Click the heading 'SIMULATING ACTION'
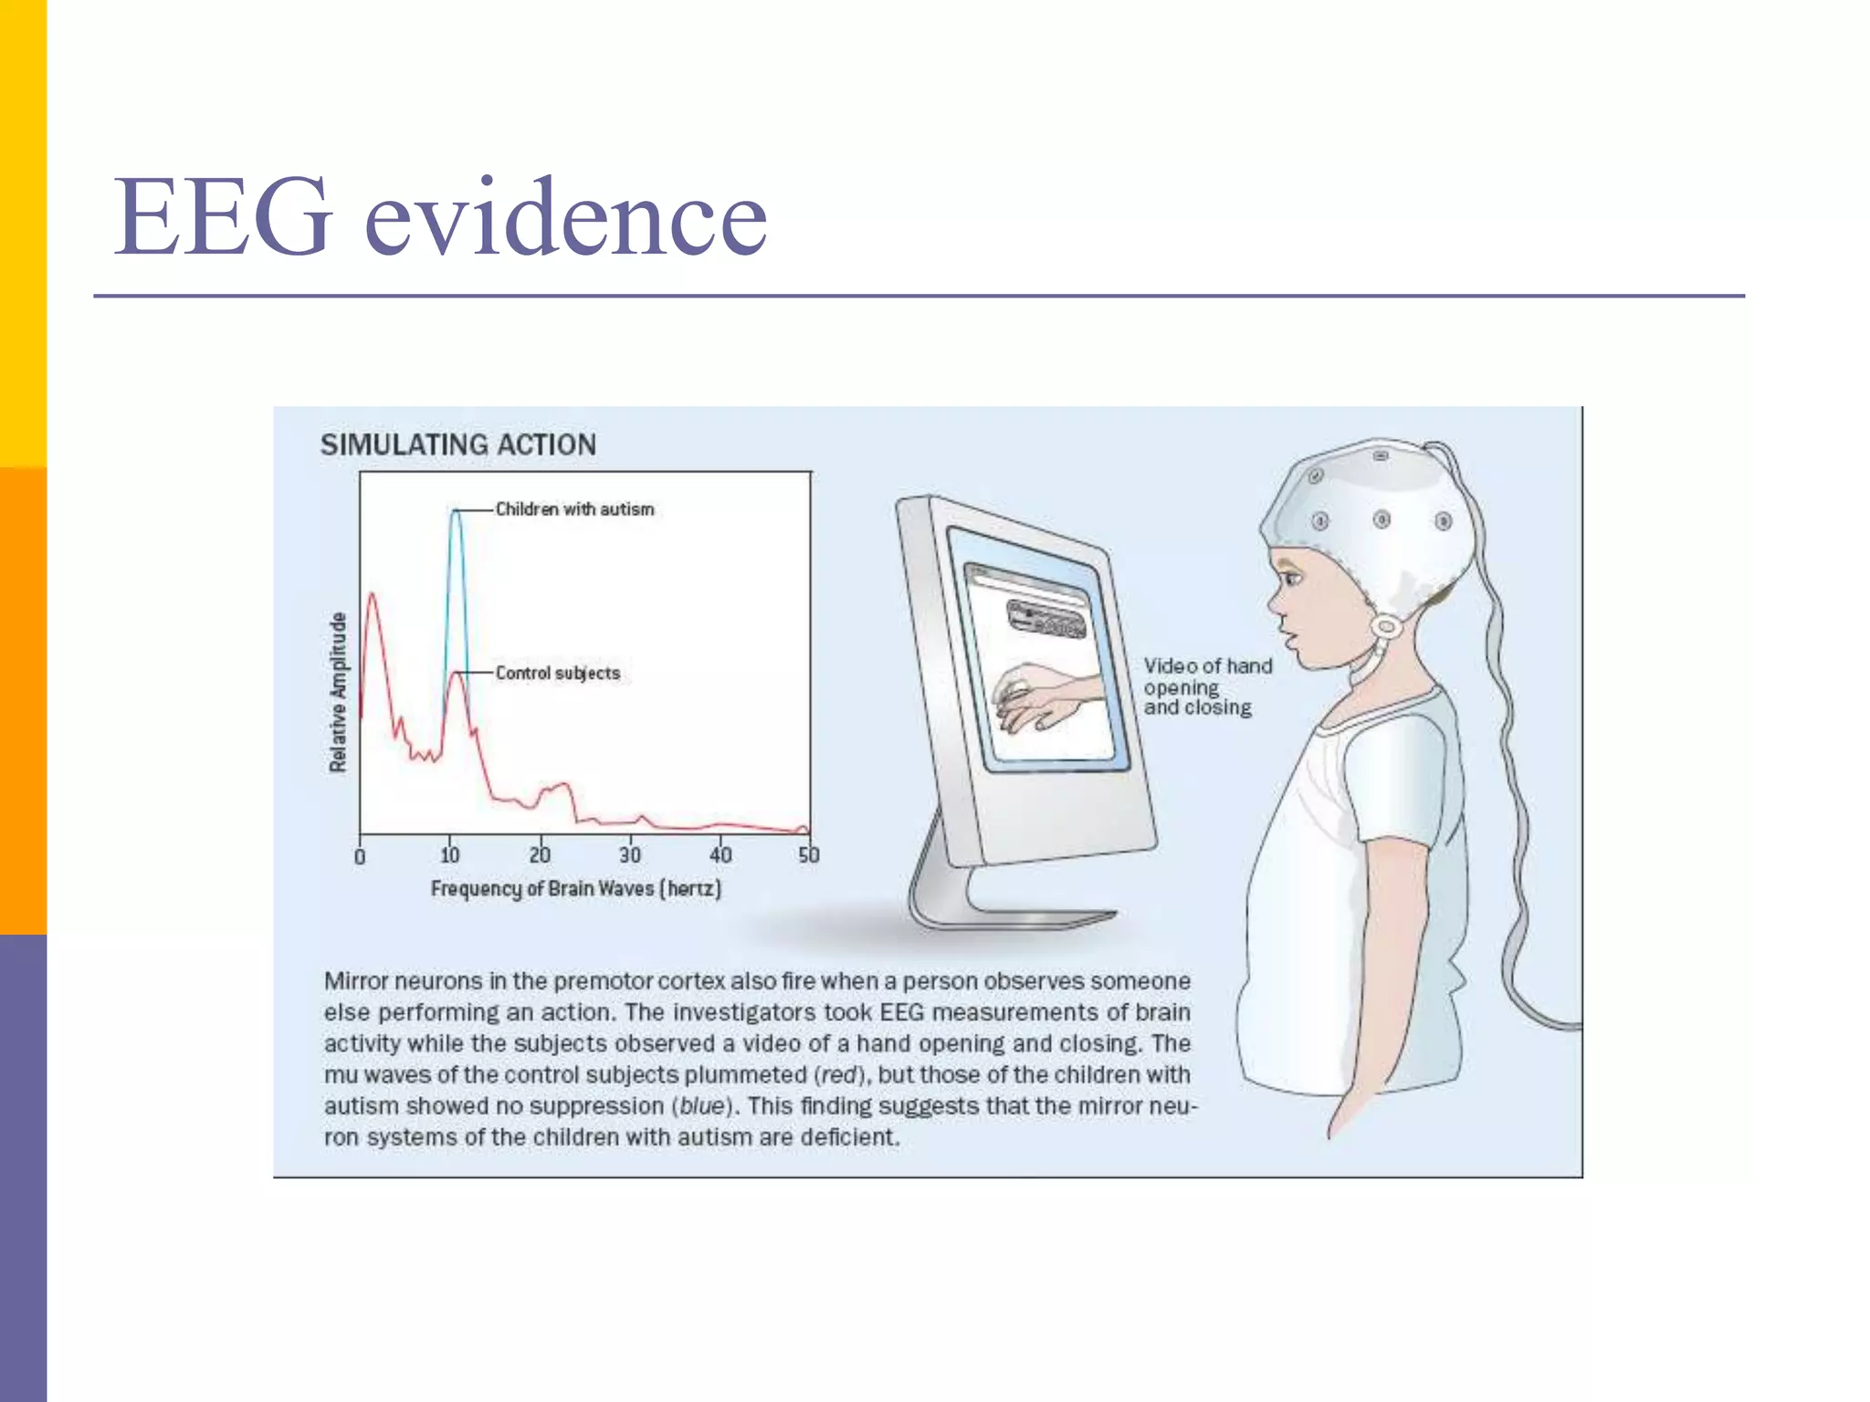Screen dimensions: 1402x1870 457,445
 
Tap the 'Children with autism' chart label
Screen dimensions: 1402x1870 574,509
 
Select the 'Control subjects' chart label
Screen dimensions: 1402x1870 557,674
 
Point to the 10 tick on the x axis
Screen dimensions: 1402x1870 449,855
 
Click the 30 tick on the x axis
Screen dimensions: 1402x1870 630,855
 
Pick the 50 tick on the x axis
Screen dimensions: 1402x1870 809,855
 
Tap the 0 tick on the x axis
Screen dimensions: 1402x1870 360,856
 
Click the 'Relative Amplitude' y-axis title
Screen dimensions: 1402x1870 338,692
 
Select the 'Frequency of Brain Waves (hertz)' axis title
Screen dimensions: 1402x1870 575,888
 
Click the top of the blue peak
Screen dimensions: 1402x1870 456,511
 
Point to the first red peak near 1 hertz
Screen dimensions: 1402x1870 372,595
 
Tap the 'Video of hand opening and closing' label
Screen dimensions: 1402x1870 1205,686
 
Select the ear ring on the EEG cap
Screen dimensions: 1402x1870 1386,627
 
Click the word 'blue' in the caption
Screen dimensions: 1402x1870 702,1106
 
